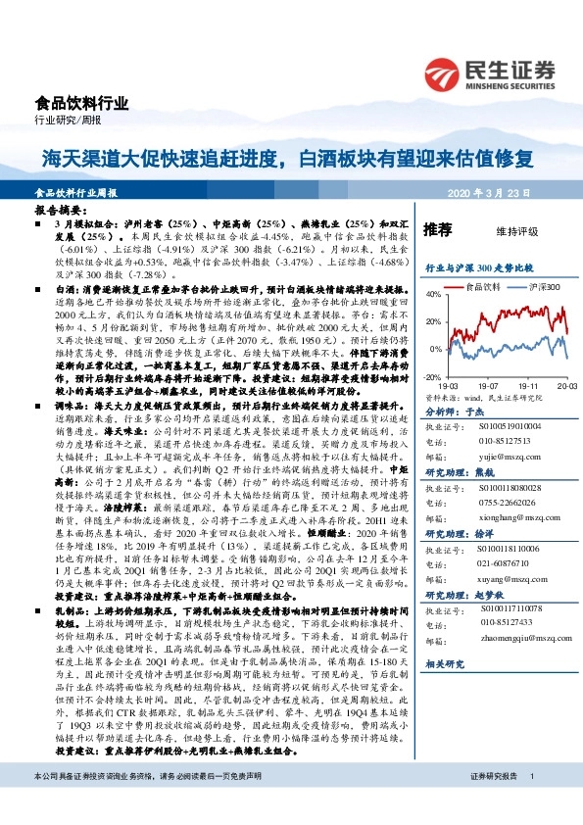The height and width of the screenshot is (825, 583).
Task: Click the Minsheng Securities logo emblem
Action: tap(447, 73)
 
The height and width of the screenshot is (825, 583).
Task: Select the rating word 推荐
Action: tap(438, 230)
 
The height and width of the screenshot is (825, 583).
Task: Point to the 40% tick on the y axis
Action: tap(432, 294)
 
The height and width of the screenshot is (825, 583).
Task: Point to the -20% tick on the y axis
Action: tap(431, 376)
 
